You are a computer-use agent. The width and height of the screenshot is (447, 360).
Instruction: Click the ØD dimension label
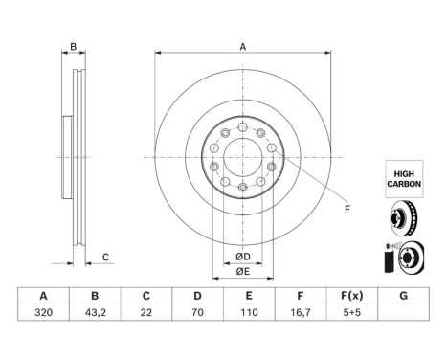click(x=242, y=257)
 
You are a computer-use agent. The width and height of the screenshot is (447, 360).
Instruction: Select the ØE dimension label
click(x=242, y=272)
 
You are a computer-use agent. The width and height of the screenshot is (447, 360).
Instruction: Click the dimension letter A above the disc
click(x=242, y=47)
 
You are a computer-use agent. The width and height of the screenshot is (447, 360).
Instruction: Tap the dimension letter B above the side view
click(x=72, y=47)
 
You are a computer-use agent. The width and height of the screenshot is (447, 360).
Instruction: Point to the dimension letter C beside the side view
click(x=105, y=256)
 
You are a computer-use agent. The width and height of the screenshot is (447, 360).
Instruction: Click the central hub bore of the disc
click(x=242, y=156)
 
